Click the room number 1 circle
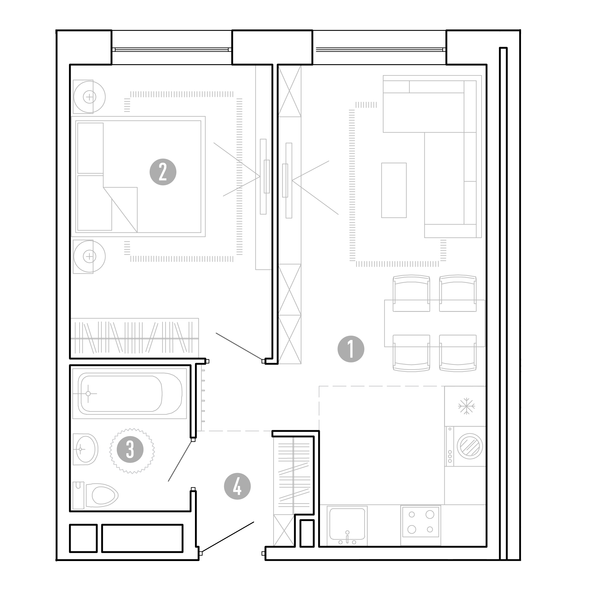click(x=351, y=349)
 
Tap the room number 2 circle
click(x=163, y=172)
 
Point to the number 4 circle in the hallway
click(x=237, y=486)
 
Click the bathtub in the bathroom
click(x=130, y=393)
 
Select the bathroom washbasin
click(x=86, y=449)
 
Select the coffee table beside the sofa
click(x=394, y=190)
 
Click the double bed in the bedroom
click(x=138, y=176)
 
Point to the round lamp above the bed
click(x=89, y=97)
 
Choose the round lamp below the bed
click(x=89, y=257)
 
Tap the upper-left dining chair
click(x=411, y=293)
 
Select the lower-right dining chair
click(x=458, y=353)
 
